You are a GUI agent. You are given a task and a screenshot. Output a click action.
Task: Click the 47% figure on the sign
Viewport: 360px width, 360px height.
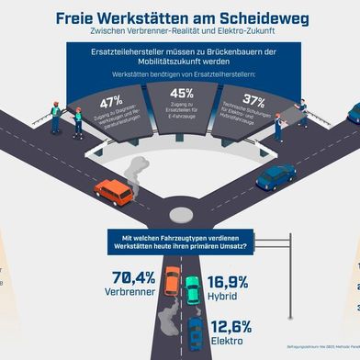pos(112,101)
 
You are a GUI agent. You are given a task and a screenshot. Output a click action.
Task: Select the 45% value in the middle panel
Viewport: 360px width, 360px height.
pos(181,93)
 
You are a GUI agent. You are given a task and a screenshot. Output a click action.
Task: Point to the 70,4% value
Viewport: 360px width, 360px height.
pos(132,278)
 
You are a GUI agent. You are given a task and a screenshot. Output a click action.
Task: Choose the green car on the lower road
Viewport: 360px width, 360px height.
pos(193,290)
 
